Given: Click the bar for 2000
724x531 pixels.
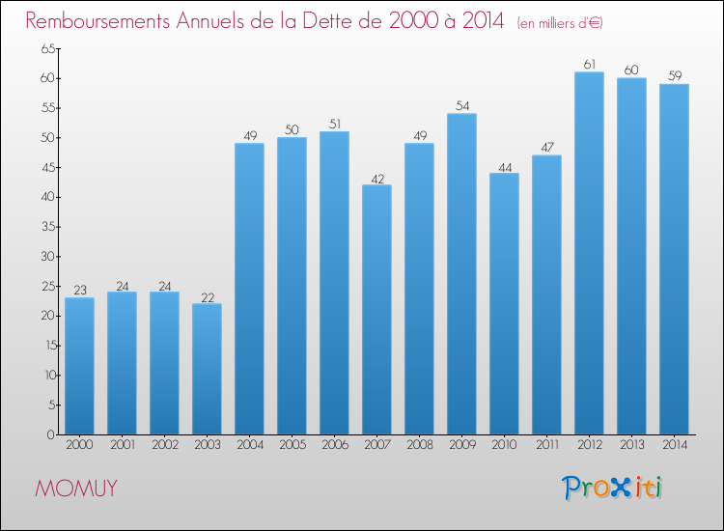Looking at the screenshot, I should tap(79, 366).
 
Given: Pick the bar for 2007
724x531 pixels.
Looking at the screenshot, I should tap(376, 310).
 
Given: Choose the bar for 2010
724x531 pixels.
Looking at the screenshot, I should tap(504, 304).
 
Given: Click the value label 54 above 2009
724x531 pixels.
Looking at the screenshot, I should tap(461, 104).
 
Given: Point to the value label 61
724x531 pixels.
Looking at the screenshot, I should tap(589, 64).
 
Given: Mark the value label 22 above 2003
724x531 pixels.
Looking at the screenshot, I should tap(207, 295).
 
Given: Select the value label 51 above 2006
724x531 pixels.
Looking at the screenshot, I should tap(334, 123).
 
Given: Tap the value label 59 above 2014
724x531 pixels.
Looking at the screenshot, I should tap(674, 75).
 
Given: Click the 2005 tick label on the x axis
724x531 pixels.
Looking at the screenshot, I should tap(292, 445).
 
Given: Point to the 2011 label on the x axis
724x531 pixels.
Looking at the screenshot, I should tap(546, 445).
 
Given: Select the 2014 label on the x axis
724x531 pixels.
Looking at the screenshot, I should tap(674, 445).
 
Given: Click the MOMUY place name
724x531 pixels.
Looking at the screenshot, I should tap(76, 489).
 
